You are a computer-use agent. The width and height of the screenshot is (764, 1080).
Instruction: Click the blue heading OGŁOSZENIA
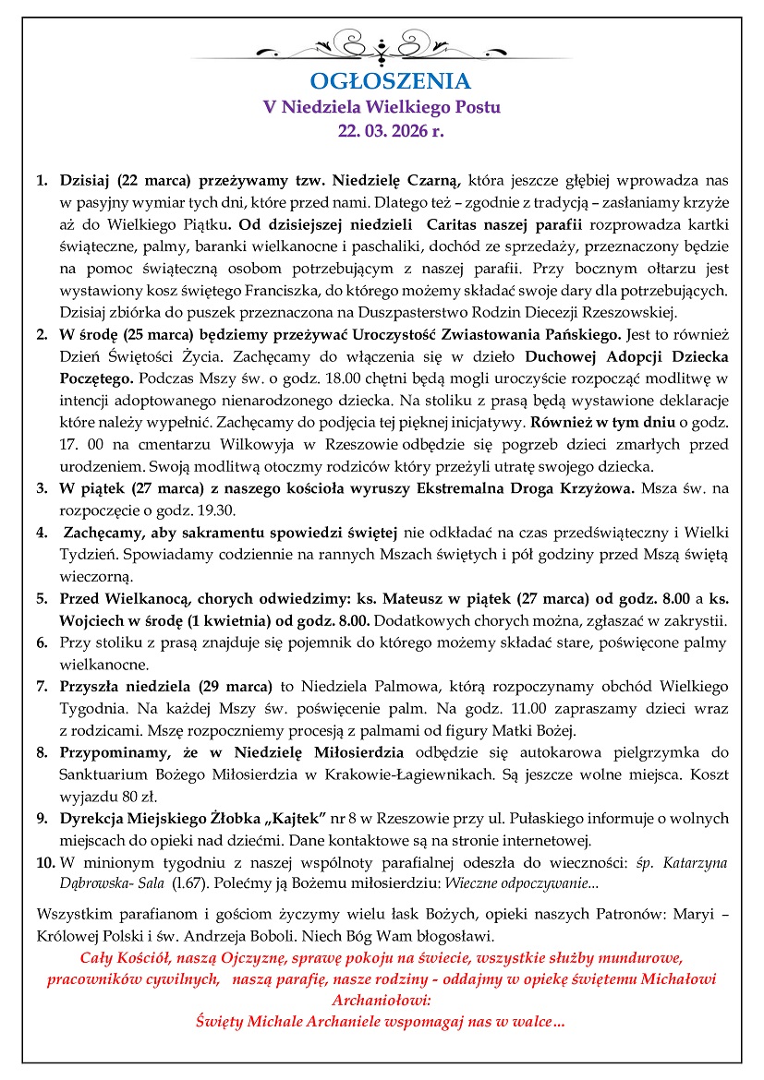(x=382, y=80)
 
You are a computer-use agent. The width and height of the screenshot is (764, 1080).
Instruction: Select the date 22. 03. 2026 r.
(x=382, y=131)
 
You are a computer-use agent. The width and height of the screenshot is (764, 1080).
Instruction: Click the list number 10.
(x=45, y=863)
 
